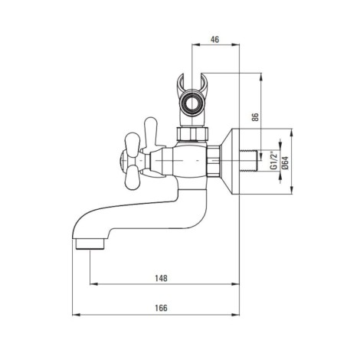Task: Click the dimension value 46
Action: click(214, 40)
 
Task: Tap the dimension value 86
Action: click(256, 116)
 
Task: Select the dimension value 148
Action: click(162, 278)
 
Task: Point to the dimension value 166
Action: click(162, 308)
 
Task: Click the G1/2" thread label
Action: click(273, 160)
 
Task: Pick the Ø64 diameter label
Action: click(285, 162)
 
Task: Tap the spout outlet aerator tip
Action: click(90, 244)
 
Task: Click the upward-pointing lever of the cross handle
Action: click(151, 132)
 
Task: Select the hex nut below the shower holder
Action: click(193, 133)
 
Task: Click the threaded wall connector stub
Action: click(250, 161)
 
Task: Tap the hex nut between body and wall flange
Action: click(214, 161)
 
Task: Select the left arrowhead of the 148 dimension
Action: click(94, 284)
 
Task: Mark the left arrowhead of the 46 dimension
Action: click(195, 45)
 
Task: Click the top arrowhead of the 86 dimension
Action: click(260, 77)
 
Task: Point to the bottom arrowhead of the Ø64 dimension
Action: click(292, 190)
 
